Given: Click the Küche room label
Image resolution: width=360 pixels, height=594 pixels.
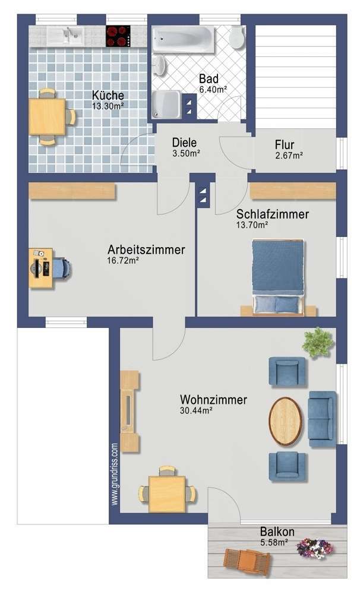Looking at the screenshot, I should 108,95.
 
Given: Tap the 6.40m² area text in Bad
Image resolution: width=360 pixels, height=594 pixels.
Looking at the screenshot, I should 213,90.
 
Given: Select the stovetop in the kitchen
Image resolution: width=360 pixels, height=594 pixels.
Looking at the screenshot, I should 118,36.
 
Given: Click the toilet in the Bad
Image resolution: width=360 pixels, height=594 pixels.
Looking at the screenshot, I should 236,37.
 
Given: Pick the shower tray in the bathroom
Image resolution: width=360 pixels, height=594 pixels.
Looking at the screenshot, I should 169,105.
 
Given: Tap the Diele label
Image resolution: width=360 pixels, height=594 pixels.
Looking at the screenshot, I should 184,143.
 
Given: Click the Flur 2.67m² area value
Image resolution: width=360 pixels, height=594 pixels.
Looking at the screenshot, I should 289,156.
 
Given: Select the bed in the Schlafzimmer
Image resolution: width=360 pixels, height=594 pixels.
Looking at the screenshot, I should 278,275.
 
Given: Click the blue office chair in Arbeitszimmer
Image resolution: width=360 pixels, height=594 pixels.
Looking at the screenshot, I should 62,268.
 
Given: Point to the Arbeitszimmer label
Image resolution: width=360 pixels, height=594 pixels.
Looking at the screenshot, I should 146,249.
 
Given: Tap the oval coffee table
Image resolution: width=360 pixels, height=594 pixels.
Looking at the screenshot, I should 285,421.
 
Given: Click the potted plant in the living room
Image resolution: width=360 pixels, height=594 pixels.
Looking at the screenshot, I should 317,343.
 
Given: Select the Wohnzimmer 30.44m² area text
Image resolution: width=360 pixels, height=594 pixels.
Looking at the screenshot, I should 196,410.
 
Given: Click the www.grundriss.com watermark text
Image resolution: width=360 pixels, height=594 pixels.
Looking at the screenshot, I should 115,474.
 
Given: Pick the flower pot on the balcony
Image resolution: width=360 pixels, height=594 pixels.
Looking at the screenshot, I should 314,548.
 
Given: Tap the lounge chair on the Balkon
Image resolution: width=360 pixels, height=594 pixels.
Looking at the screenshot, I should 247,560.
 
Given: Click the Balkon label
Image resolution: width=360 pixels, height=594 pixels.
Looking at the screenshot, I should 277,532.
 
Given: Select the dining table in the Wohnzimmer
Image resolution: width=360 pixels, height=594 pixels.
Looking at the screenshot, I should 167,493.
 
